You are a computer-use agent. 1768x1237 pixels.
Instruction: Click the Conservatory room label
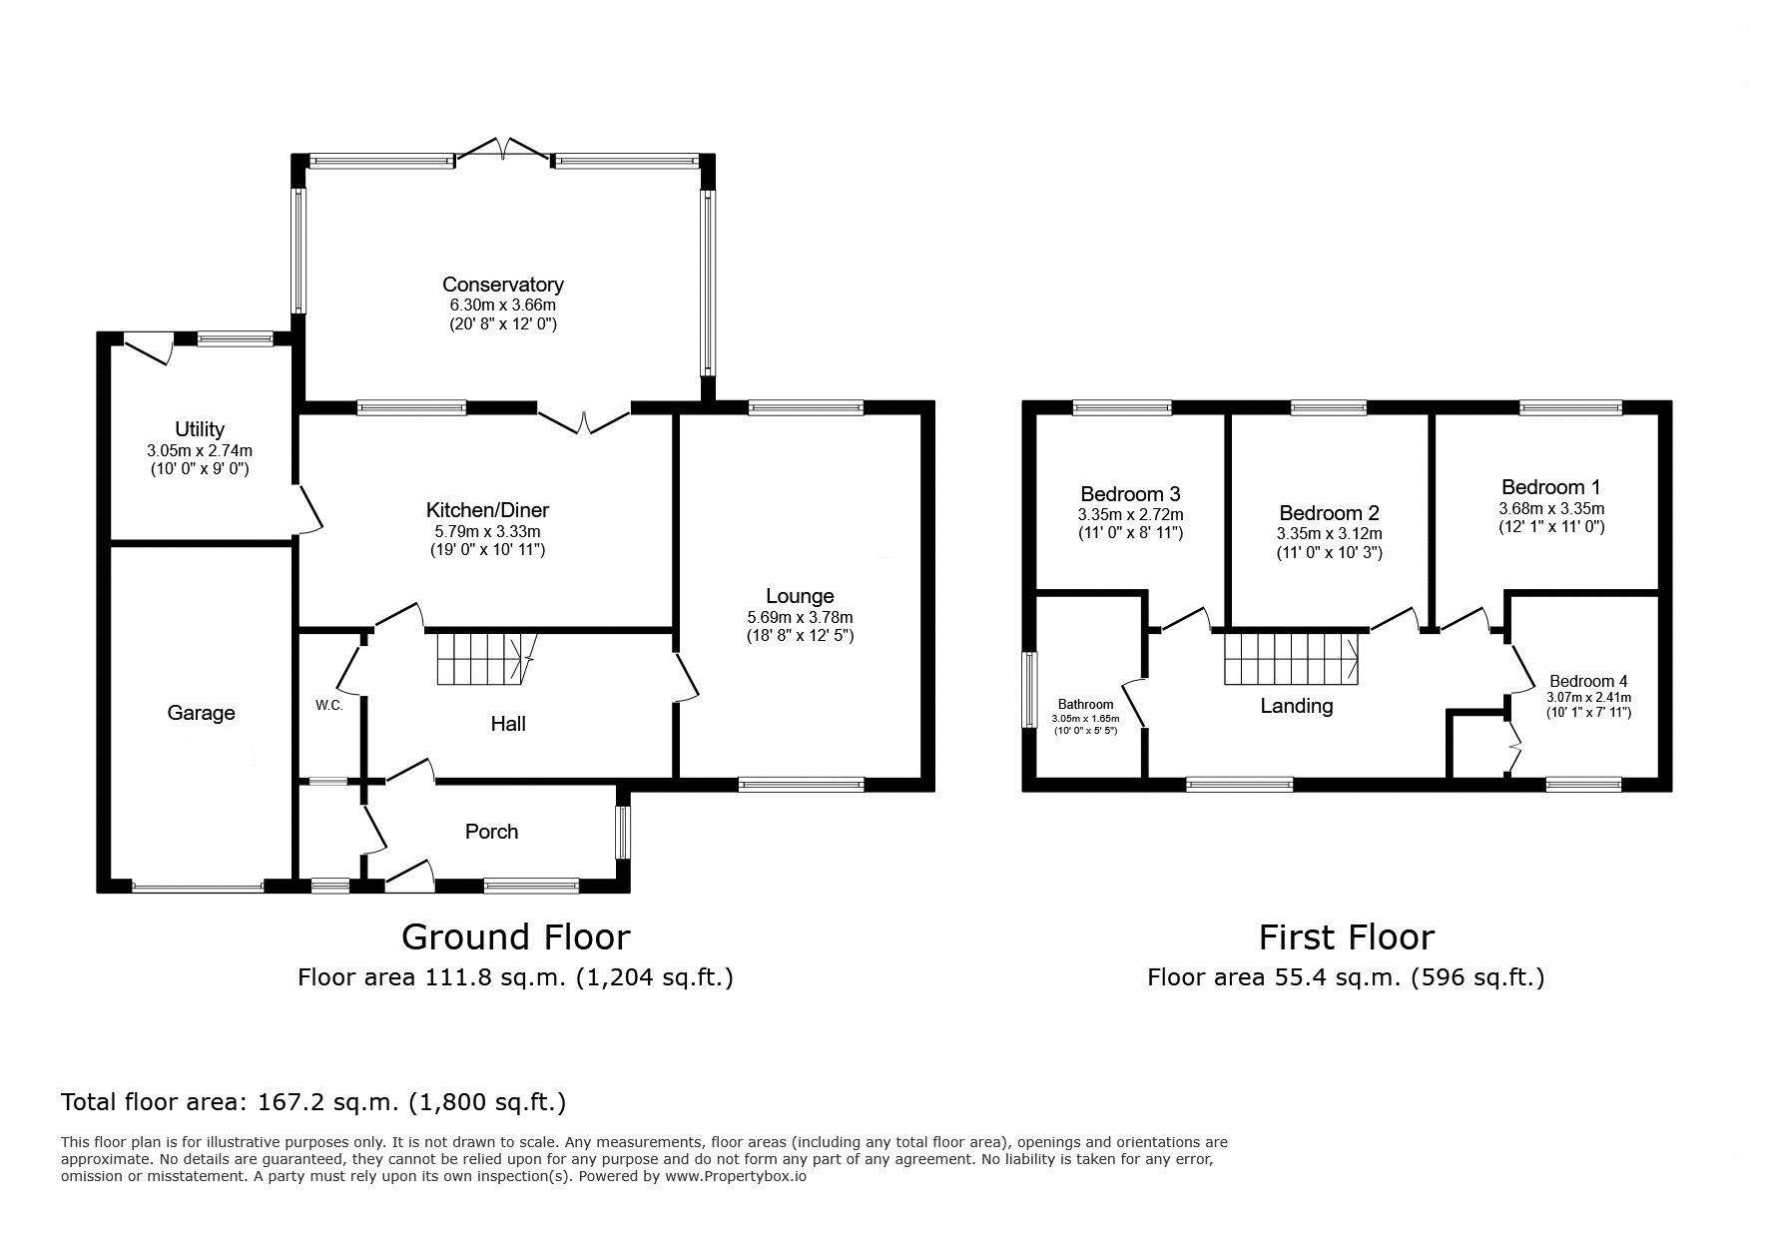pos(503,285)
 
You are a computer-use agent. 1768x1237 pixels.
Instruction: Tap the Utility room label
pos(200,429)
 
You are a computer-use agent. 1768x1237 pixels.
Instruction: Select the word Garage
pos(201,713)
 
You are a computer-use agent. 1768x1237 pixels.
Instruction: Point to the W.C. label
pos(329,705)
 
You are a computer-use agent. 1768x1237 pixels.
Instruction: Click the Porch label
pos(492,832)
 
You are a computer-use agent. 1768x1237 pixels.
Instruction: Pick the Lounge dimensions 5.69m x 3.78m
pos(800,617)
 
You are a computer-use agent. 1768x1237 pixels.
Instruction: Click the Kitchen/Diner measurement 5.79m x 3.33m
pos(487,532)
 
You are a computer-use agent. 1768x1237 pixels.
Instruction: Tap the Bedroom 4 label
pos(1588,682)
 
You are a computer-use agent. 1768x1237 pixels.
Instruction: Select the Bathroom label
pos(1085,705)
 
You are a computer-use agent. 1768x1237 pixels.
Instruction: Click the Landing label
pos(1297,706)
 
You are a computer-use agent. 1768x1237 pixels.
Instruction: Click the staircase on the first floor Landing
pos(1292,659)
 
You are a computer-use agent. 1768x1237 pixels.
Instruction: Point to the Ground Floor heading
pos(515,937)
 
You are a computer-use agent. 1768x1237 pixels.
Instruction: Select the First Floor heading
pos(1346,937)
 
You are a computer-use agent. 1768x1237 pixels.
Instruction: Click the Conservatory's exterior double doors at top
pos(503,150)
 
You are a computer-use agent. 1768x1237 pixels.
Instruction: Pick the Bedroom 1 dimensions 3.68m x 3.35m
pos(1551,508)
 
